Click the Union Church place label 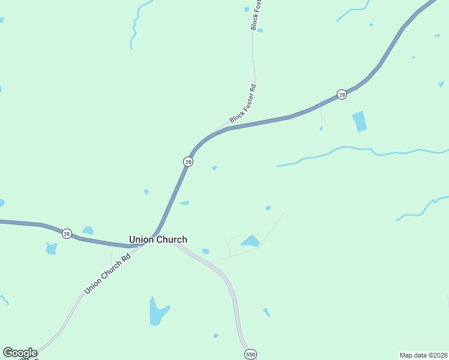pos(158,239)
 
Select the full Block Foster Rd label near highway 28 pos(243,104)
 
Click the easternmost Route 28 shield pos(342,95)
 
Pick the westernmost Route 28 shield pos(67,233)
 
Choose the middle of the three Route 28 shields pos(188,162)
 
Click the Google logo pos(19,353)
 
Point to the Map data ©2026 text pos(423,355)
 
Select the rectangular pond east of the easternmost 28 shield pos(359,121)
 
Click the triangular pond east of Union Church pos(250,241)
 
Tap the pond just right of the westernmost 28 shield pos(88,230)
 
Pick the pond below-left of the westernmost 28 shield pos(51,248)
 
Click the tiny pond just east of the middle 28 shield pos(214,168)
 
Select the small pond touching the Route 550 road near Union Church pos(206,251)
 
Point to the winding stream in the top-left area pos(136,27)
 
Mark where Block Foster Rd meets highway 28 pos(216,130)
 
